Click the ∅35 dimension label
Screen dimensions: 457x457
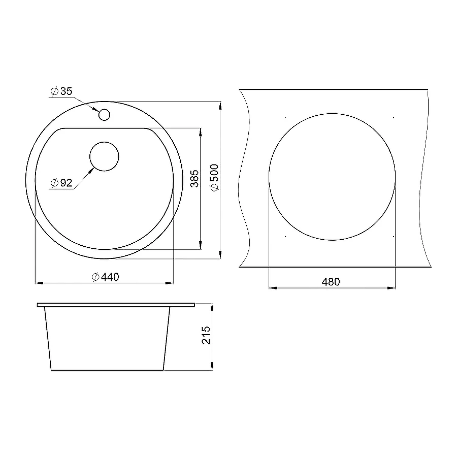tap(61, 91)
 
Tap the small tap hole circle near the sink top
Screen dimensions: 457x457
tap(104, 115)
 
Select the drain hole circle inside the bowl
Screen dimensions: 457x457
tap(104, 156)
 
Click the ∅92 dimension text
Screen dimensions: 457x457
tap(61, 183)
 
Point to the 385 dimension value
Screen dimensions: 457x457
tap(193, 179)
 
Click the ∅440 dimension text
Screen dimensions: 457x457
tap(105, 277)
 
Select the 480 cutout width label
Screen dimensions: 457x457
tap(331, 282)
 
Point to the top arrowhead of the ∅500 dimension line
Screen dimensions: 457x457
tap(220, 105)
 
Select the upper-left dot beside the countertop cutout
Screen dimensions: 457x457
tap(286, 118)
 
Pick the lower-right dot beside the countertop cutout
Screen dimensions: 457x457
tap(394, 237)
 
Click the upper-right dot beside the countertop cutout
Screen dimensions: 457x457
tap(394, 118)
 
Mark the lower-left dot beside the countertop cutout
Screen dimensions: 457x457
tap(286, 237)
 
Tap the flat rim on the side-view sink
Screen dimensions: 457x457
tap(116, 305)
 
